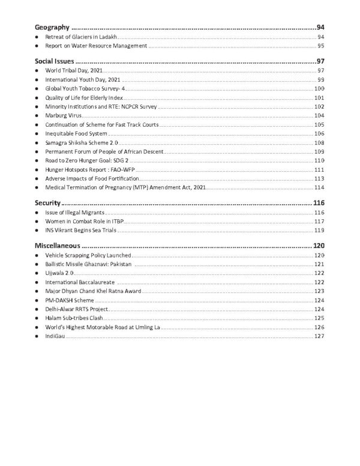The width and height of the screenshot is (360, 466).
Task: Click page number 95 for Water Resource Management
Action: click(321, 46)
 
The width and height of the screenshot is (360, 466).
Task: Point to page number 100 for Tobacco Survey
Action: click(319, 88)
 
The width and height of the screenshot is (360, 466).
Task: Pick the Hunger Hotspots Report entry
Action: click(83, 170)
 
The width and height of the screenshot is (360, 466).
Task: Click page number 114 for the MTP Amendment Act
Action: click(319, 188)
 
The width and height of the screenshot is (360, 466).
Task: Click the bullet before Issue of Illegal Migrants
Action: click(37, 213)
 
